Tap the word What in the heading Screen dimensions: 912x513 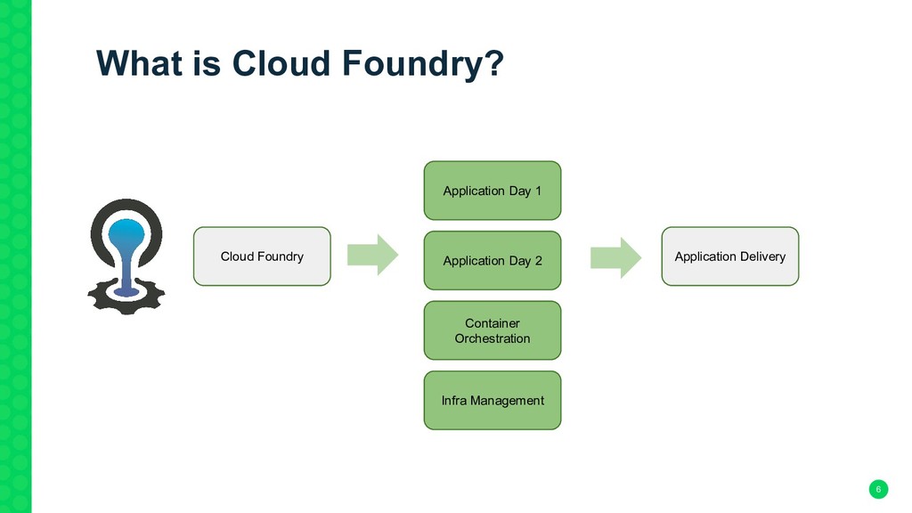tap(139, 62)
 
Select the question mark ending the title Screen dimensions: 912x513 tap(494, 62)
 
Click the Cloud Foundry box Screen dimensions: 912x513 tap(262, 256)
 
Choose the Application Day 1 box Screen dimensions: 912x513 tap(492, 191)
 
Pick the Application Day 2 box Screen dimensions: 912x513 tap(492, 261)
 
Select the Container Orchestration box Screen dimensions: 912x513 tap(492, 330)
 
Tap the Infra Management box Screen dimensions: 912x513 tap(492, 401)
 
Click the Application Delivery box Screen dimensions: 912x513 tap(730, 256)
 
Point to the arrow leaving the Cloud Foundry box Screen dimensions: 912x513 tap(373, 255)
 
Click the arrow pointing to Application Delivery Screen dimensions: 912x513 tap(616, 257)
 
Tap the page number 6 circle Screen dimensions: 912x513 tap(878, 489)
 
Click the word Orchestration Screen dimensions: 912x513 tap(492, 338)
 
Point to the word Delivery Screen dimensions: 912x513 tap(762, 257)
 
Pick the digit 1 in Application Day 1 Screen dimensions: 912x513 tap(538, 191)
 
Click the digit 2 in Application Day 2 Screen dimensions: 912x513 tap(539, 261)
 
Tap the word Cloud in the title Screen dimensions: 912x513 tap(281, 62)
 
